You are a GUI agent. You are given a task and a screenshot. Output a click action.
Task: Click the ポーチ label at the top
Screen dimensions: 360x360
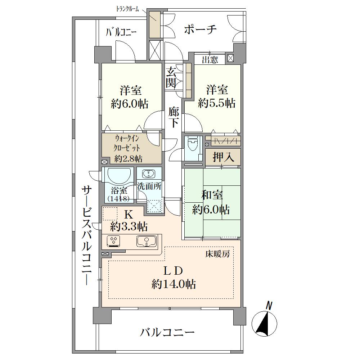coord(200,30)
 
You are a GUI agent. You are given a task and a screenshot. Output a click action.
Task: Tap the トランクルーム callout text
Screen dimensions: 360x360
coord(127,9)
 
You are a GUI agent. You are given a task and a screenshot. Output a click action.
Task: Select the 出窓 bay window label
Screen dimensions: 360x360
coord(210,60)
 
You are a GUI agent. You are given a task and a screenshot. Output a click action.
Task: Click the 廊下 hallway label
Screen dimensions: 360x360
coord(174,118)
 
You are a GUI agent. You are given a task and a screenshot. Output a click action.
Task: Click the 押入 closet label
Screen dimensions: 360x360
coord(223,157)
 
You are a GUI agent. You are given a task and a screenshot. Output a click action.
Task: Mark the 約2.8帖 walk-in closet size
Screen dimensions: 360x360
coord(128,159)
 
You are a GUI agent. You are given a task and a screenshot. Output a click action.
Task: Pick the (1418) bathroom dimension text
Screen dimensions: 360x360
coord(118,199)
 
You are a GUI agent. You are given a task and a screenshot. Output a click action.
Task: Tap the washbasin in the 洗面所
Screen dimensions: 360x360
coord(149,174)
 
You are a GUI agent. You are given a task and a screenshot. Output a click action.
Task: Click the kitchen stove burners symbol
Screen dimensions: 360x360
coord(114,241)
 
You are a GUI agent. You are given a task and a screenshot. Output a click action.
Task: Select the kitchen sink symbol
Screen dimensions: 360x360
coord(147,241)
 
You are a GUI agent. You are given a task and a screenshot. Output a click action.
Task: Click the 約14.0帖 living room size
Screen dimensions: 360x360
coord(174,284)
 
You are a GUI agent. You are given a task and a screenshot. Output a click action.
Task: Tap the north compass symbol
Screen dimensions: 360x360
coord(264,321)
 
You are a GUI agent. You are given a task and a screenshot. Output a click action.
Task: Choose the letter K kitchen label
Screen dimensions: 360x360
coord(129,215)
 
